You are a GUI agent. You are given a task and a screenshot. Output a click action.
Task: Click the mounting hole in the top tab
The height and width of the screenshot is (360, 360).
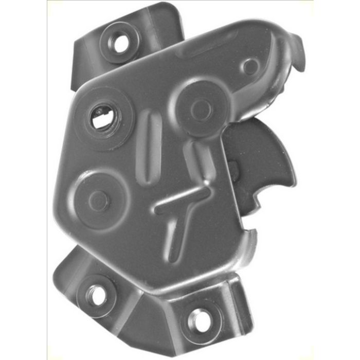coord(121,43)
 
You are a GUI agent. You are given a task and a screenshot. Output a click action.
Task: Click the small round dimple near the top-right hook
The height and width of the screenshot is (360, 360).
coord(251,66)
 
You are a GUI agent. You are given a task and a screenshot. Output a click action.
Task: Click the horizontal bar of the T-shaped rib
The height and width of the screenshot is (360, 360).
coord(183,200)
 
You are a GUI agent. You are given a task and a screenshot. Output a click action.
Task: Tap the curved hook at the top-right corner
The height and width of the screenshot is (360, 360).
coord(296,51)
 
